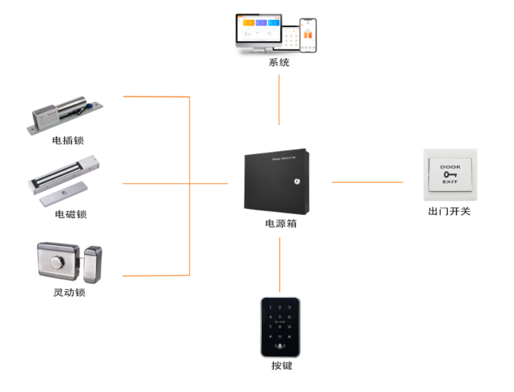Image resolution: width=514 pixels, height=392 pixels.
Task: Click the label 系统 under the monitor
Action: (x=279, y=63)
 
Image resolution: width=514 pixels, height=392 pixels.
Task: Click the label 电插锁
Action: (x=68, y=140)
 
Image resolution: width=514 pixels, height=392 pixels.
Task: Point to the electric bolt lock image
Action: (x=66, y=115)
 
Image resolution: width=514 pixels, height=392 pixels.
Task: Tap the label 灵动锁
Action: (x=69, y=292)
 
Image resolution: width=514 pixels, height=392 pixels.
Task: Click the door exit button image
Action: (x=450, y=174)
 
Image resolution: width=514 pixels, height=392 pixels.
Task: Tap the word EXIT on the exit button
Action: (x=450, y=182)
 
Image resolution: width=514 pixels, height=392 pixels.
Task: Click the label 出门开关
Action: (x=449, y=211)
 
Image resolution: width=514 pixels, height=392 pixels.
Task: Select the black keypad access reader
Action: (x=280, y=326)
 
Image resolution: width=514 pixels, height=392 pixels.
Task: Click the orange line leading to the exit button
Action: (x=367, y=182)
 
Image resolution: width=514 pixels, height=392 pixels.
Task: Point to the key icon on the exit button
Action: (x=450, y=174)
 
